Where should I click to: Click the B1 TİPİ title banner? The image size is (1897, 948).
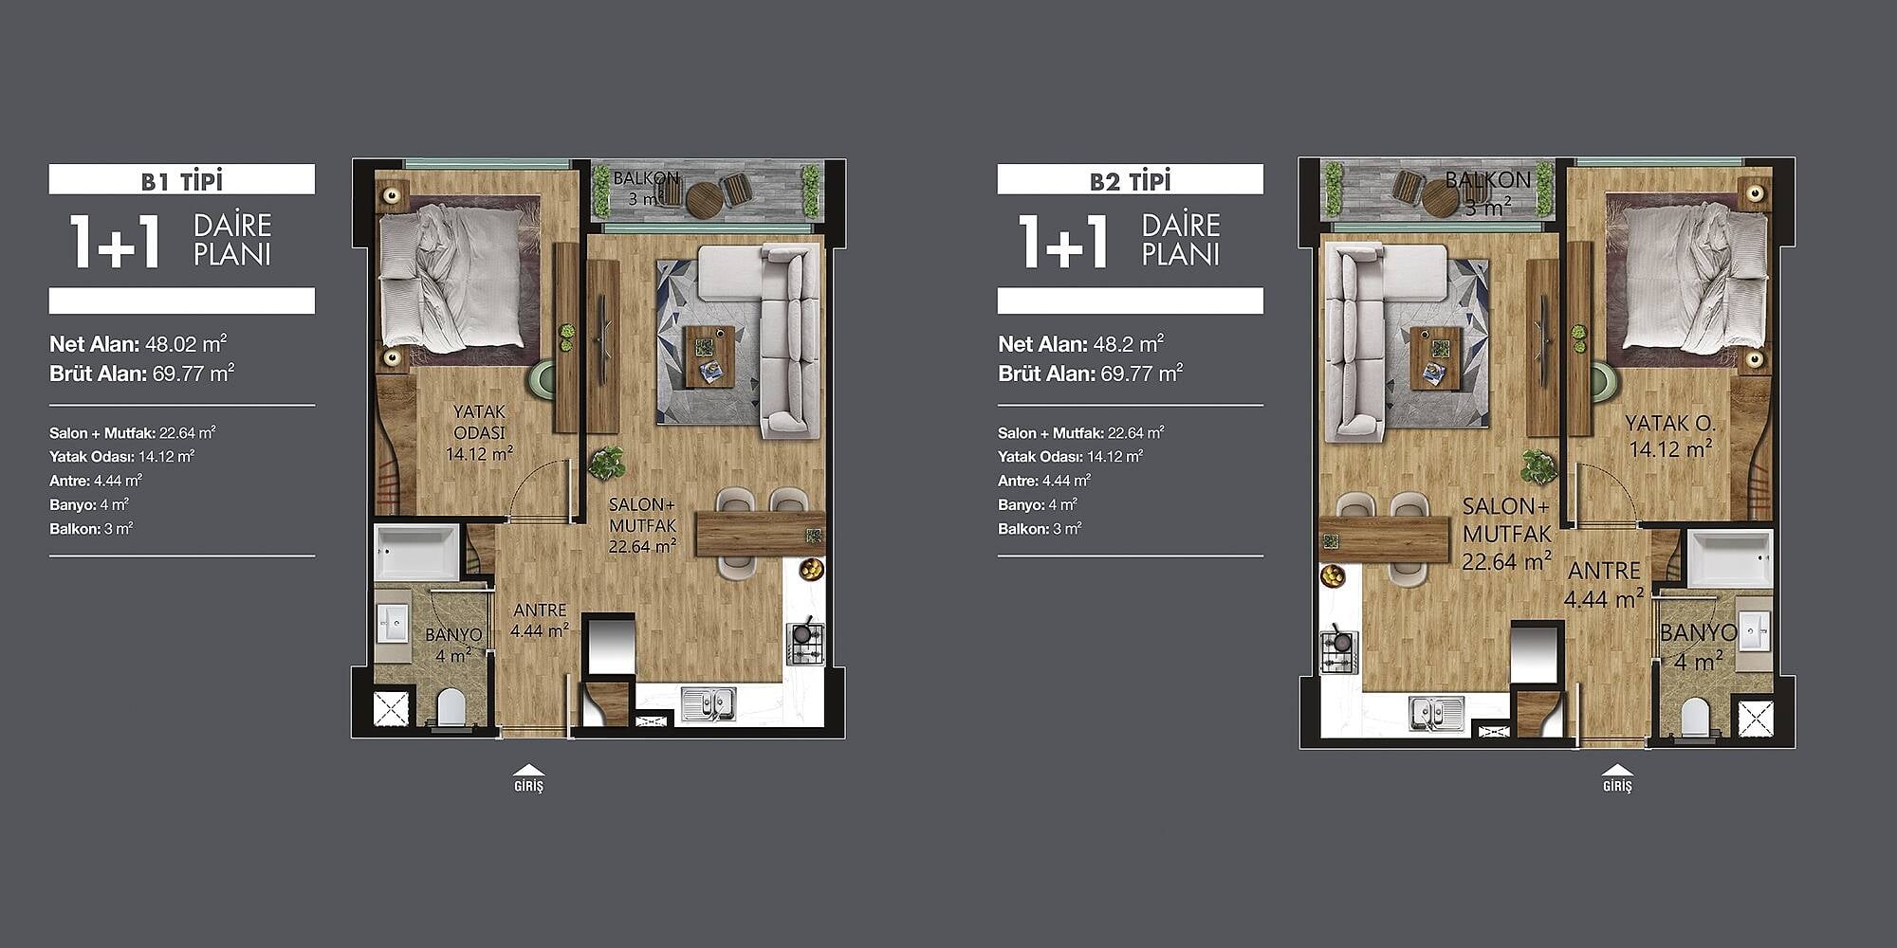pyautogui.click(x=181, y=179)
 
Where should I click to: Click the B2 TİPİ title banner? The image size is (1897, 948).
pyautogui.click(x=1130, y=179)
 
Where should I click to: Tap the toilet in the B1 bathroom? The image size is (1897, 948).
pyautogui.click(x=451, y=707)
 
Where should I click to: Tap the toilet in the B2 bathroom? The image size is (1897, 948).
pyautogui.click(x=1694, y=717)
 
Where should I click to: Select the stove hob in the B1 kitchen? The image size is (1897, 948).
pyautogui.click(x=804, y=644)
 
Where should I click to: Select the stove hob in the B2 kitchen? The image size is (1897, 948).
pyautogui.click(x=1338, y=652)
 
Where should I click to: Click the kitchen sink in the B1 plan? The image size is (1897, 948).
pyautogui.click(x=708, y=703)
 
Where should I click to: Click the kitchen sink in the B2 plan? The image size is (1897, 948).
pyautogui.click(x=1435, y=713)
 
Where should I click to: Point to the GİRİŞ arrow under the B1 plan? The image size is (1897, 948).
pyautogui.click(x=528, y=771)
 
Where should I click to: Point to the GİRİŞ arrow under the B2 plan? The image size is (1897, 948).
pyautogui.click(x=1617, y=771)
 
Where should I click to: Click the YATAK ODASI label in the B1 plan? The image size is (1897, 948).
pyautogui.click(x=479, y=422)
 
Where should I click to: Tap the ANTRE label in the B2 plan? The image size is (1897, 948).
pyautogui.click(x=1604, y=571)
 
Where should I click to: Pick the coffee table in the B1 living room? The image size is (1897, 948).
pyautogui.click(x=709, y=356)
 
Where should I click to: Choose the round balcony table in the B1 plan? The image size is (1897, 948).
pyautogui.click(x=704, y=200)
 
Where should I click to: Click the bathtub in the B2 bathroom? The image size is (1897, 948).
pyautogui.click(x=1729, y=558)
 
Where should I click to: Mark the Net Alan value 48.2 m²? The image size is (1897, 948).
pyautogui.click(x=1129, y=344)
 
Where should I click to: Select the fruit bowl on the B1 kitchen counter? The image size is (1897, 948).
pyautogui.click(x=811, y=569)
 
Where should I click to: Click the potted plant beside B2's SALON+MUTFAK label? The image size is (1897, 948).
pyautogui.click(x=1538, y=467)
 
